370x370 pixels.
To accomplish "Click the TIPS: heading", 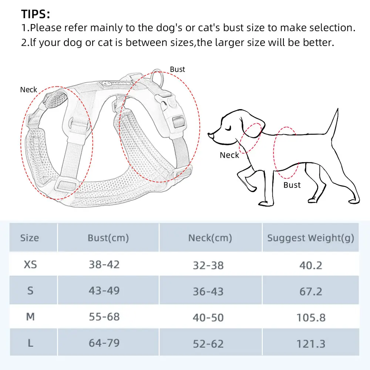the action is (36, 14).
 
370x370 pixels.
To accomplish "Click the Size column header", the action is (30, 238).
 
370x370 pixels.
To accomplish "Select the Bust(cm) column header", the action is (108, 238).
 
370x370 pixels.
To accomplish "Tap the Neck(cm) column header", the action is (210, 238).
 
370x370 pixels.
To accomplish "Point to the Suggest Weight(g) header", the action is (310, 238).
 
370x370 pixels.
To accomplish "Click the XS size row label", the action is (30, 265).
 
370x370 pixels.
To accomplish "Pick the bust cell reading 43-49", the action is (104, 290).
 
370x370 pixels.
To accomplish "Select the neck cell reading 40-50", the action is (208, 317).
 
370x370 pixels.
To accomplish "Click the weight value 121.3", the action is (311, 344).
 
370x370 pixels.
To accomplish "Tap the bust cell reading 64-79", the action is (104, 343).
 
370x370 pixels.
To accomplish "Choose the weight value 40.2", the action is (311, 265).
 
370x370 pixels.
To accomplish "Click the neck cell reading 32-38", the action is (208, 265).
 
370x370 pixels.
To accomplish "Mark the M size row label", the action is (30, 317).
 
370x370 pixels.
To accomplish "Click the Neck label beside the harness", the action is (28, 90).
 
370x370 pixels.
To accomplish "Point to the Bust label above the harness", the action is (178, 70).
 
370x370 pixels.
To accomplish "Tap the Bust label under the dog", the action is (292, 185).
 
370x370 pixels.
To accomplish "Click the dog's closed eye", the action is (228, 129).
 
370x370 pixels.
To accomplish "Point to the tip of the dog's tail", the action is (338, 109).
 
